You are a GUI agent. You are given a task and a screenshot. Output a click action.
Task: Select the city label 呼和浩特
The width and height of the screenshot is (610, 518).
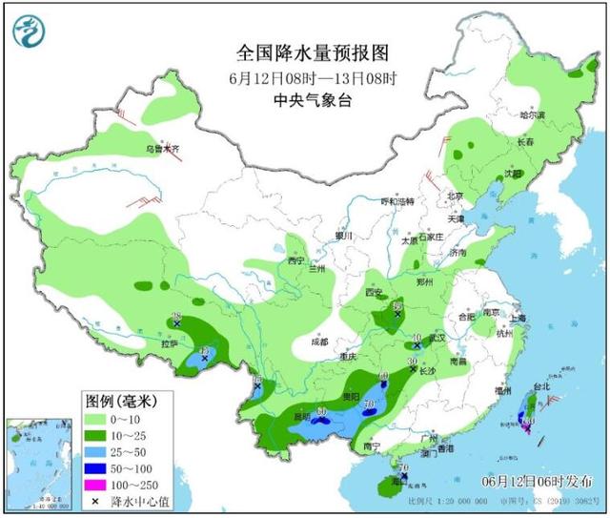[x=397, y=201]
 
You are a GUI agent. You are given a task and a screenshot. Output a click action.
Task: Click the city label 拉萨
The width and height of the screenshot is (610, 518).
[x=172, y=342]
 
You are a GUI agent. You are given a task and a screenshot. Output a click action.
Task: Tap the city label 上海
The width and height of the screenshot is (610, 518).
[x=518, y=319]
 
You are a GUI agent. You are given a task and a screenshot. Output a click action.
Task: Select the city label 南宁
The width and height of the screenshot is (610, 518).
[x=373, y=445]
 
